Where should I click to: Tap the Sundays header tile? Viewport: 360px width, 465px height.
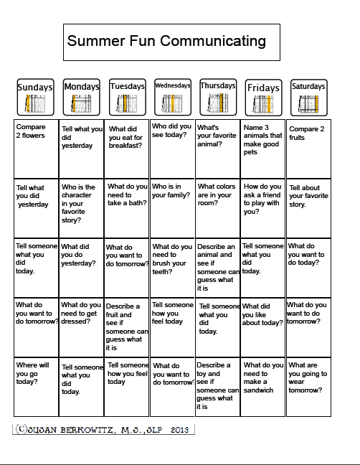(x=35, y=97)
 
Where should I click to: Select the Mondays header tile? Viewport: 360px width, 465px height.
(x=81, y=97)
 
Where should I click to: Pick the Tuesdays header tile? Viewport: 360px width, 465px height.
(x=127, y=97)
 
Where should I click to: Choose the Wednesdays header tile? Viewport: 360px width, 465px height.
(x=173, y=97)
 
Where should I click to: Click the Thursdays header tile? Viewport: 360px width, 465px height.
(x=218, y=97)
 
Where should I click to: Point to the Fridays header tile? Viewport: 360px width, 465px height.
(x=263, y=97)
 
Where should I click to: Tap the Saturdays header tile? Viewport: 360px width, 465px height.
(x=308, y=97)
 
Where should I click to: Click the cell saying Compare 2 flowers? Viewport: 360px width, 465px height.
(x=36, y=149)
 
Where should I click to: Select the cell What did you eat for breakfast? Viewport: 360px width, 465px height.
(x=127, y=149)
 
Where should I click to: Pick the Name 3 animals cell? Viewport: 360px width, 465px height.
(x=263, y=149)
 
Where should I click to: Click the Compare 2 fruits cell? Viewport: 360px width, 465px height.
(x=308, y=149)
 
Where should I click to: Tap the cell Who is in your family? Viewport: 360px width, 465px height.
(x=172, y=209)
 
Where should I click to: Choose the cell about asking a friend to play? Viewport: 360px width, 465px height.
(x=263, y=209)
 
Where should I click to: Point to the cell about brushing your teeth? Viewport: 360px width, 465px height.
(x=172, y=268)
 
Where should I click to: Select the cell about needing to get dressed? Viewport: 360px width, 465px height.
(x=81, y=327)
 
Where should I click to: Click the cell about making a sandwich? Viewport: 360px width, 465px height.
(x=263, y=387)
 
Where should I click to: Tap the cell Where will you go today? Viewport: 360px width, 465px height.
(x=36, y=387)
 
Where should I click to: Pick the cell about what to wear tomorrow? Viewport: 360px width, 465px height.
(x=308, y=387)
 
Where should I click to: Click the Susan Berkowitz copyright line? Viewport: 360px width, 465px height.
(x=104, y=429)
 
